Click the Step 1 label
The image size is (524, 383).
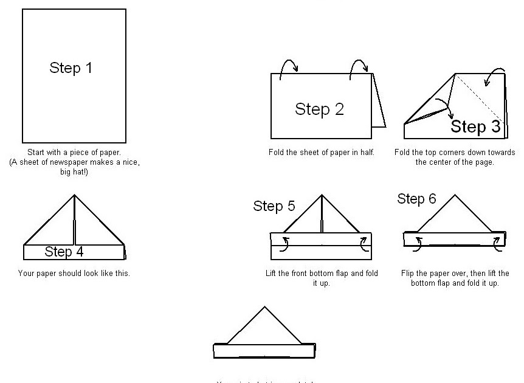(x=71, y=67)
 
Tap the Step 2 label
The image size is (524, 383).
(x=319, y=109)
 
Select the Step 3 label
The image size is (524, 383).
(x=475, y=126)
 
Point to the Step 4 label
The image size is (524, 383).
(x=64, y=251)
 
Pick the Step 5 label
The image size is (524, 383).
(x=274, y=206)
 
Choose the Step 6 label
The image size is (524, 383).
(x=416, y=199)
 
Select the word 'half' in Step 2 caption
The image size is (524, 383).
(x=365, y=152)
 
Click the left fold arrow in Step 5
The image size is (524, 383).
(x=284, y=243)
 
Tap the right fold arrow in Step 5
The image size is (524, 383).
(x=364, y=243)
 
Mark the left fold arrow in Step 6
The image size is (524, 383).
(x=419, y=244)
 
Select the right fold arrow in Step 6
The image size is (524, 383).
(x=497, y=243)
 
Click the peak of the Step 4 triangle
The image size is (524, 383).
(x=74, y=196)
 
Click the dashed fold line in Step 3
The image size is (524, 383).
(x=480, y=97)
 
